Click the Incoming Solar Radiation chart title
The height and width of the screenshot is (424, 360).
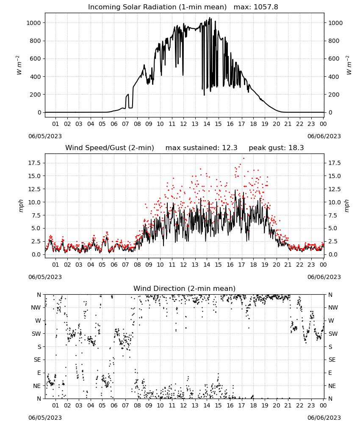tap(157, 7)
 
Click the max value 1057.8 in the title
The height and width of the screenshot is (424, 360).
tap(266, 7)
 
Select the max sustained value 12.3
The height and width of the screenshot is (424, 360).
tap(230, 148)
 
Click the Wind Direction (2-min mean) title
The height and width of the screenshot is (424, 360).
tap(185, 288)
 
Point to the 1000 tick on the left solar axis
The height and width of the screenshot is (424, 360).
tap(33, 23)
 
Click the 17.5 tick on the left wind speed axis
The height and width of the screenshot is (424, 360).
tap(35, 163)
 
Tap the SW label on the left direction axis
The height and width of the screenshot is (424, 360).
tap(36, 334)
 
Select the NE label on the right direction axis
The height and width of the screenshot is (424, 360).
tap(332, 386)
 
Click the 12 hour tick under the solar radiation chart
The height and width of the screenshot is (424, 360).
tap(183, 124)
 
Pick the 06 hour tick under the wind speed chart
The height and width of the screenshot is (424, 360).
tap(114, 265)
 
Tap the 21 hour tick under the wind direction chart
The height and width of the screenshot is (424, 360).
tap(288, 405)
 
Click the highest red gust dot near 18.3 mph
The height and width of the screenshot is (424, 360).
tap(244, 159)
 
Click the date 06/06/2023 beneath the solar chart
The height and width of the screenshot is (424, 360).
tap(324, 136)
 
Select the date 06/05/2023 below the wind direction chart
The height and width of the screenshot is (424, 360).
tap(45, 418)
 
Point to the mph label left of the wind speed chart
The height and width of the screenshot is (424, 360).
tap(21, 206)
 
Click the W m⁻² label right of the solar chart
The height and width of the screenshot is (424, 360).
tap(349, 65)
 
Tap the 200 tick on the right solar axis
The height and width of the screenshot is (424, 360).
tap(334, 95)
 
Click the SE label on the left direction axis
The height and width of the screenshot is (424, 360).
tap(37, 360)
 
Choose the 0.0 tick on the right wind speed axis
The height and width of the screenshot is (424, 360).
tap(332, 254)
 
